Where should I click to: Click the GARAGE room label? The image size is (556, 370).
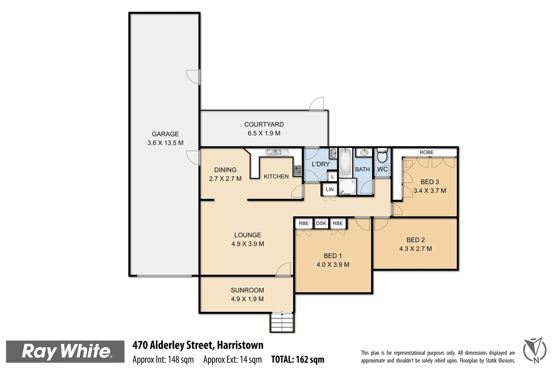[x=165, y=134]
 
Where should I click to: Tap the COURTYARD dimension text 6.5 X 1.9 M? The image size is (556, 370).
[x=264, y=133]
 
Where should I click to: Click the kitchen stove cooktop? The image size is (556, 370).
[x=297, y=170]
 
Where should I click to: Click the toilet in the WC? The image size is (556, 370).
[x=382, y=156]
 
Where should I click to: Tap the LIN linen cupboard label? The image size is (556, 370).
[x=329, y=189]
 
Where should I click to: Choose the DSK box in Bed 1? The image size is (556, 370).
[x=321, y=223]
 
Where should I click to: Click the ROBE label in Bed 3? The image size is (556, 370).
[x=426, y=152]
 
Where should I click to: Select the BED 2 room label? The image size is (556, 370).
[x=416, y=240]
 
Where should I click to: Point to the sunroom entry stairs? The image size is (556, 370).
[x=282, y=323]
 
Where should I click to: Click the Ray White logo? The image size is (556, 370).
[x=65, y=351]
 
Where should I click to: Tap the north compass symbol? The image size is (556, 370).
[x=535, y=350]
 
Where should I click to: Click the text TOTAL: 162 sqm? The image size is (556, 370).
[x=298, y=359]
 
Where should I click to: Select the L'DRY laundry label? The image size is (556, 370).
[x=320, y=164]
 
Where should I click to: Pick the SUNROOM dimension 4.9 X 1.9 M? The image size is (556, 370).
[x=247, y=299]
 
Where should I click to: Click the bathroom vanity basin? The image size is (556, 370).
[x=364, y=152]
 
